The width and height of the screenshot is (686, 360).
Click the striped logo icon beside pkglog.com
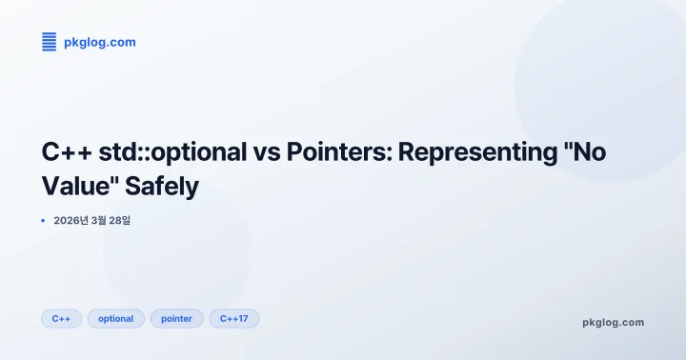click(50, 42)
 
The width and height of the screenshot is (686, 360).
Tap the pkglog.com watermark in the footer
click(613, 322)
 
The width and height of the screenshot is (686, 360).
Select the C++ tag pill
click(61, 318)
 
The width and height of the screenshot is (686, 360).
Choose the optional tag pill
click(116, 318)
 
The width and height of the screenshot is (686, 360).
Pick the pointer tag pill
click(176, 318)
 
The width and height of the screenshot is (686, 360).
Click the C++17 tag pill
click(233, 318)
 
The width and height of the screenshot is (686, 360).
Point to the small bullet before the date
click(44, 220)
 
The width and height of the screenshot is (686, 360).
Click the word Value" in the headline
click(80, 186)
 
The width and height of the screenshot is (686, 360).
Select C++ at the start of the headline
click(65, 152)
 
